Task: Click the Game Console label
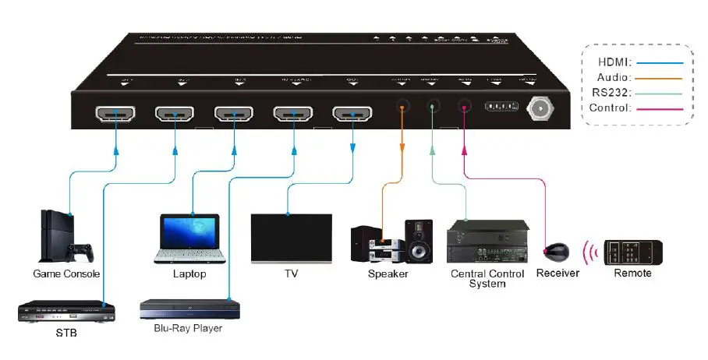point(66,274)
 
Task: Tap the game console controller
point(79,252)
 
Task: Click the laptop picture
point(189,237)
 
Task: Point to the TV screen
point(292,238)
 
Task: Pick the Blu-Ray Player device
point(189,309)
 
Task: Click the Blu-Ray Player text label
point(188,328)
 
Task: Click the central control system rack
point(488,242)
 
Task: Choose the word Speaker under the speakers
point(388,274)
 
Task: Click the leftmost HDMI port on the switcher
point(115,115)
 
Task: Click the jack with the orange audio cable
point(402,108)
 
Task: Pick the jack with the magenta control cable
point(465,108)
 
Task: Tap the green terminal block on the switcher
point(501,107)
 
